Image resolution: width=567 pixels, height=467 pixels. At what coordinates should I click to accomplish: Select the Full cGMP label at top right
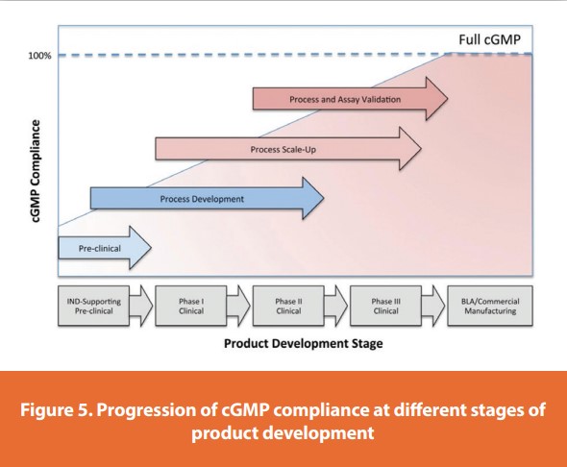(492, 39)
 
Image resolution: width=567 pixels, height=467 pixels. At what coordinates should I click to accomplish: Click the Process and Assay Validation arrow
(345, 99)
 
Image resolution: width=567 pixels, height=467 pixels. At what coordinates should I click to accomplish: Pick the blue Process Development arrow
(202, 199)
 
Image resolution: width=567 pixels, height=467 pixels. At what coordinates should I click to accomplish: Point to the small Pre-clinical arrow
(99, 248)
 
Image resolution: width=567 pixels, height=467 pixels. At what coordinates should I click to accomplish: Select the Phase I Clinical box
(190, 306)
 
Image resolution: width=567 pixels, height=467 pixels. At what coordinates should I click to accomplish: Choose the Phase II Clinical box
(288, 306)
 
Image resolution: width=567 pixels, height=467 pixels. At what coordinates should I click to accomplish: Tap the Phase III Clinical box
(385, 306)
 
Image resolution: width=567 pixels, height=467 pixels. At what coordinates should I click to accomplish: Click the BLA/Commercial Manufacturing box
(490, 306)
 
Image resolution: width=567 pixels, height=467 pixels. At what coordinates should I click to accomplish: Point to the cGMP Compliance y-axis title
(37, 173)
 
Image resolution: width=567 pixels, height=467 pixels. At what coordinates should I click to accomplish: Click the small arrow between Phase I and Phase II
(238, 306)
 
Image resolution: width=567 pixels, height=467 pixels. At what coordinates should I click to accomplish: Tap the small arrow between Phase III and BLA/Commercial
(434, 306)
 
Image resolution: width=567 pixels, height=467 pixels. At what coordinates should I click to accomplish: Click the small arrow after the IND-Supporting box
(140, 306)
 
